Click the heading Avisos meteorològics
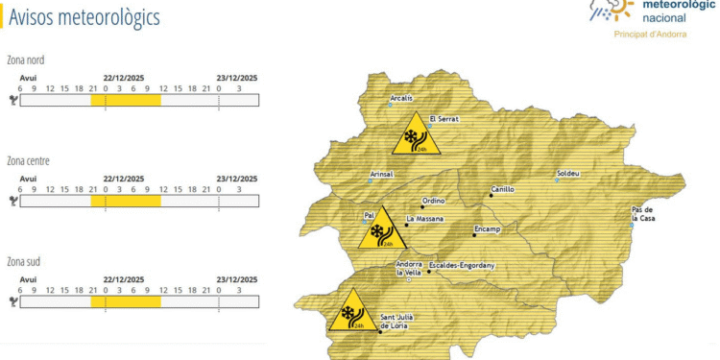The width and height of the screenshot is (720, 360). pyautogui.click(x=84, y=18)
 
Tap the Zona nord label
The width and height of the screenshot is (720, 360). pyautogui.click(x=25, y=60)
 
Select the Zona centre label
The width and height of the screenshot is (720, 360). pyautogui.click(x=28, y=161)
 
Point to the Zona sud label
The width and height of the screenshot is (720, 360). pyautogui.click(x=24, y=261)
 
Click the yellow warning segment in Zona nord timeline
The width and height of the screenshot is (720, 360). pyautogui.click(x=126, y=100)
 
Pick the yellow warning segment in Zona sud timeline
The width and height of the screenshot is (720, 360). pyautogui.click(x=126, y=301)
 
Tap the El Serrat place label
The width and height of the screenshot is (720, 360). pyautogui.click(x=444, y=119)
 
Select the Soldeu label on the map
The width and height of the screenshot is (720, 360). pyautogui.click(x=568, y=175)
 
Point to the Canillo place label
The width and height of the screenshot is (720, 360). pyautogui.click(x=503, y=189)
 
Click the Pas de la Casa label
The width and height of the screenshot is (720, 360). pyautogui.click(x=643, y=214)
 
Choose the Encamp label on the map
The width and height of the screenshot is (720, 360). pyautogui.click(x=488, y=229)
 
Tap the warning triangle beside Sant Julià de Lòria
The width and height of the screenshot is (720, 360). pyautogui.click(x=351, y=314)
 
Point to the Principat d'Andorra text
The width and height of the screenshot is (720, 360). pyautogui.click(x=650, y=34)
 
